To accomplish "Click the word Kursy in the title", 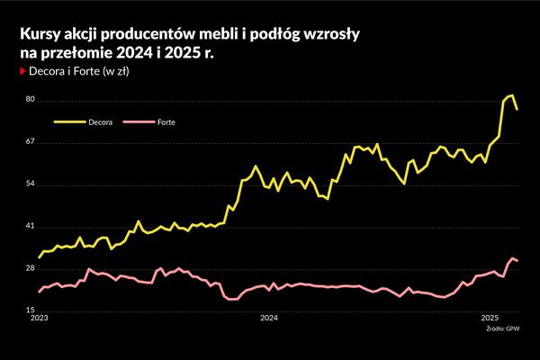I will (39, 33).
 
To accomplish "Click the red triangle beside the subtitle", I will (23, 70).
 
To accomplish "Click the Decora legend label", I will (100, 120).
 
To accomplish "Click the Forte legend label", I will (166, 120).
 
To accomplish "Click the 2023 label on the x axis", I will (40, 319).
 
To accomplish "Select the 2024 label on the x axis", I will (267, 319).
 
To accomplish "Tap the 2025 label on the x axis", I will (490, 319).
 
